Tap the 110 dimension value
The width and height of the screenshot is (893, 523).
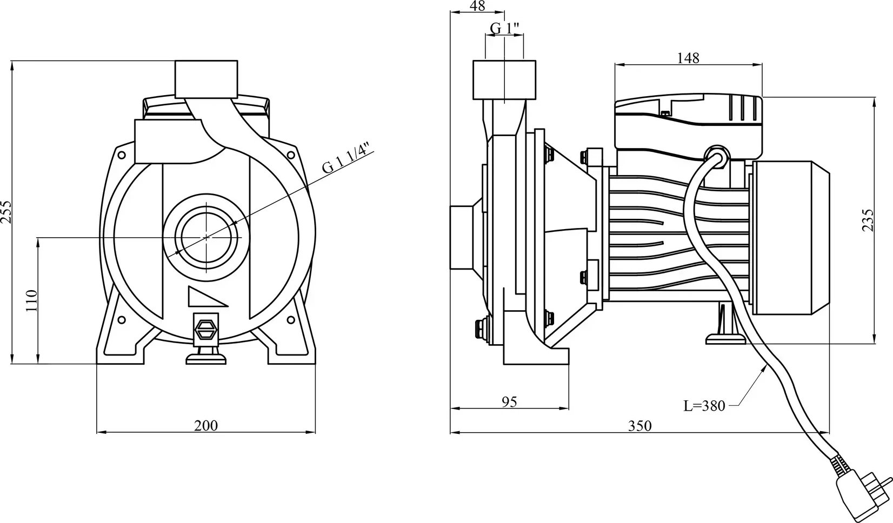pos(31,300)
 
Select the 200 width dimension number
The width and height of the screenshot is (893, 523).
pos(206,426)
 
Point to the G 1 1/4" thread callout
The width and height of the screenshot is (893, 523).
pos(348,161)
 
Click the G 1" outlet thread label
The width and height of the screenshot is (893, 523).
pos(505,28)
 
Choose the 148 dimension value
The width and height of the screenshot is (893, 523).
pos(688,58)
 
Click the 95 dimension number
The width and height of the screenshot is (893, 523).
pos(509,402)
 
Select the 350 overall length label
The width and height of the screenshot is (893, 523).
pos(640,426)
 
